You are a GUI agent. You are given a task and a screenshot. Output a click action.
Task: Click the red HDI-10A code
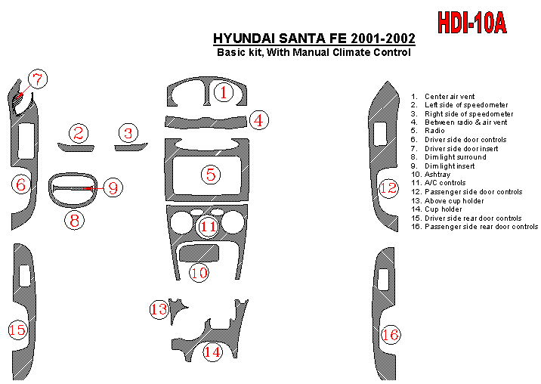(x=472, y=23)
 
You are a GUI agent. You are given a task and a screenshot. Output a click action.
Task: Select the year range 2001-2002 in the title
(x=383, y=38)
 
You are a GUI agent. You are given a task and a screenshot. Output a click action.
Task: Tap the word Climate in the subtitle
(x=351, y=52)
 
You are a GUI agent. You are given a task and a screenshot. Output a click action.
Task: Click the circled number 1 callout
(x=224, y=92)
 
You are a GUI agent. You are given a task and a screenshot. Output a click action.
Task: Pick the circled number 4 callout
(x=258, y=120)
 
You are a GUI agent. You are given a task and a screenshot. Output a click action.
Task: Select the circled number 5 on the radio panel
(x=211, y=175)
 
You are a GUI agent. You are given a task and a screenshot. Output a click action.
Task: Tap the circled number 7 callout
(x=38, y=79)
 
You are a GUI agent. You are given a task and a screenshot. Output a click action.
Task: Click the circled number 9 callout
(x=113, y=187)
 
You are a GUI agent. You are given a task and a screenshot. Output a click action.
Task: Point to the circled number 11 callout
(x=208, y=227)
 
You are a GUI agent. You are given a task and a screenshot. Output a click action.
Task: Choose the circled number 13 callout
(x=159, y=309)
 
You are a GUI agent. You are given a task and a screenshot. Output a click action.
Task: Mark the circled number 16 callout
(x=391, y=335)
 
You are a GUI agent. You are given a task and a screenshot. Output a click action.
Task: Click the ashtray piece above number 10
(x=199, y=252)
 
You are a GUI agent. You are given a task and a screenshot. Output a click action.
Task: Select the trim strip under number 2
(x=76, y=148)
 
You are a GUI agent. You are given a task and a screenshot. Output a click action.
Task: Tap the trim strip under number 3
(x=131, y=147)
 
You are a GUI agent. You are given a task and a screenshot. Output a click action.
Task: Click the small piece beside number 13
(x=177, y=308)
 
